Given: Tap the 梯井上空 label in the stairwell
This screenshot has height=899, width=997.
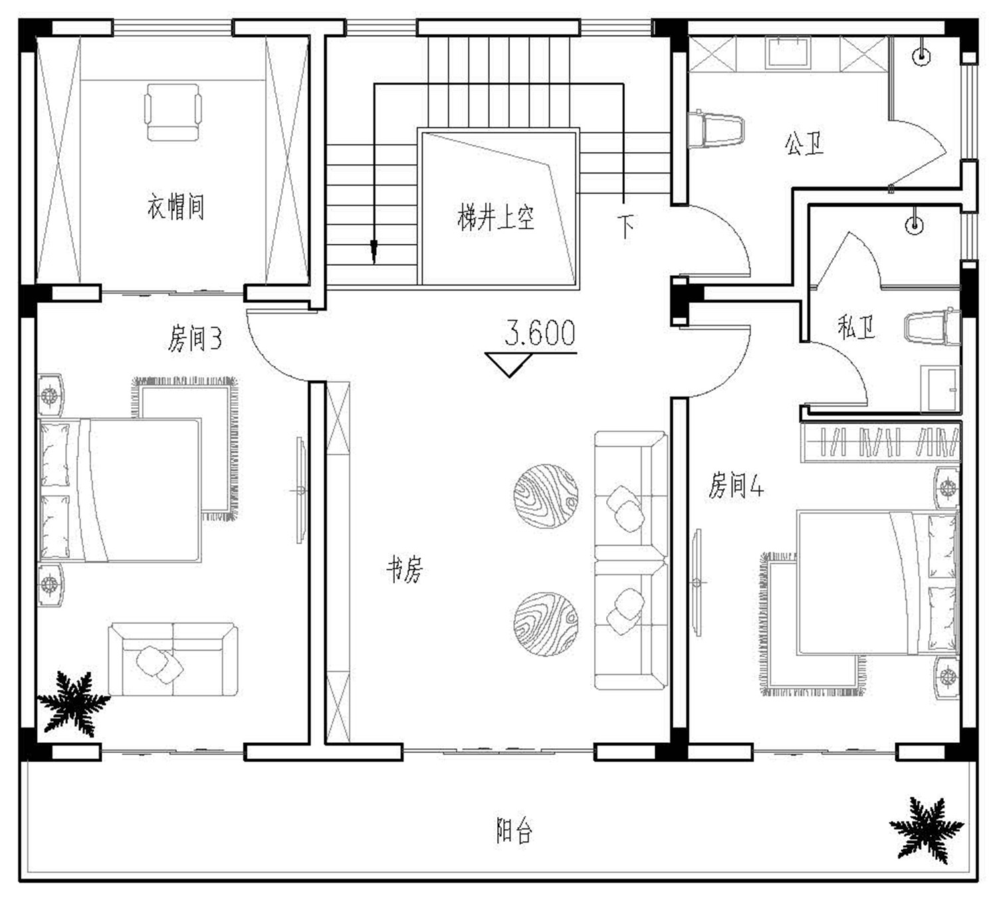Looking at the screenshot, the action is pyautogui.click(x=496, y=217).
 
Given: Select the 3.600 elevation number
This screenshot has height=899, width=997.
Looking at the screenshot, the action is pyautogui.click(x=540, y=332).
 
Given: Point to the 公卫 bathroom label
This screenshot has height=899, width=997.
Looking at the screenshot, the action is pyautogui.click(x=804, y=144).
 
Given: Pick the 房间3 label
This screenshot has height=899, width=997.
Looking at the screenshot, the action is pyautogui.click(x=195, y=338).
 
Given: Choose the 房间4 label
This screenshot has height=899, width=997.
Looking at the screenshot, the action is pyautogui.click(x=736, y=485).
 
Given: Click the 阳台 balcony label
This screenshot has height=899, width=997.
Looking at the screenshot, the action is pyautogui.click(x=514, y=830).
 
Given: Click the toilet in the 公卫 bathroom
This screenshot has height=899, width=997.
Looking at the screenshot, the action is pyautogui.click(x=716, y=131).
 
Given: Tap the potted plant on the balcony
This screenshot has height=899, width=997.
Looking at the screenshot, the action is pyautogui.click(x=926, y=837).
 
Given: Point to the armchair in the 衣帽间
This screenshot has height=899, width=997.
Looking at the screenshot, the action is pyautogui.click(x=173, y=112).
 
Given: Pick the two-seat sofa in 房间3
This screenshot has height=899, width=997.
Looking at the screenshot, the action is pyautogui.click(x=173, y=659).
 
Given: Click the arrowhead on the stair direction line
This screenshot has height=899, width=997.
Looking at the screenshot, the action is pyautogui.click(x=374, y=252).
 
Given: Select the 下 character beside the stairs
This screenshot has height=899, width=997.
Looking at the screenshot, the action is pyautogui.click(x=625, y=227).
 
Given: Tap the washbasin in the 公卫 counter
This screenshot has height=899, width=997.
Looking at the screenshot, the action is pyautogui.click(x=788, y=52).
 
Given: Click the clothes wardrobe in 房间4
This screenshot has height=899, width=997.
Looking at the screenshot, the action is pyautogui.click(x=881, y=442).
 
